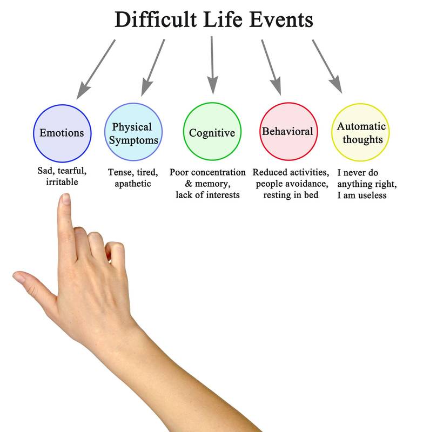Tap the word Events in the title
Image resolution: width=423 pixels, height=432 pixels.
(281, 20)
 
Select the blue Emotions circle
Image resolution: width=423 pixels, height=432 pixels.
(62, 132)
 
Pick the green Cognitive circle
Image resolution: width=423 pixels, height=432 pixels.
(211, 132)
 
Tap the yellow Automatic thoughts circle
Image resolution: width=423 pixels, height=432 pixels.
(360, 132)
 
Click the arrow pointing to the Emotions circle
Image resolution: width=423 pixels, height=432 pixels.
(96, 69)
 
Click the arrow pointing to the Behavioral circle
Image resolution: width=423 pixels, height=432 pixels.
(272, 67)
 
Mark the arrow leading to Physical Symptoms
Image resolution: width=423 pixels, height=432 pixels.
(153, 67)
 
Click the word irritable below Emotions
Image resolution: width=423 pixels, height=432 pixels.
(62, 183)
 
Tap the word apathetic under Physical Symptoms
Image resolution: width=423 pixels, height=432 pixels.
(133, 184)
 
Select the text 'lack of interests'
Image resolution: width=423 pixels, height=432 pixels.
(207, 195)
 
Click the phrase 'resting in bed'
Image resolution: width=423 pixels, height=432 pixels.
(291, 195)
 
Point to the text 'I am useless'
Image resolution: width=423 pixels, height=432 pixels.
(362, 195)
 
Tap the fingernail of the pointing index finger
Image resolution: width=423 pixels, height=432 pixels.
(65, 200)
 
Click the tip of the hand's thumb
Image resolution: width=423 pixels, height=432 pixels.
(18, 279)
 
